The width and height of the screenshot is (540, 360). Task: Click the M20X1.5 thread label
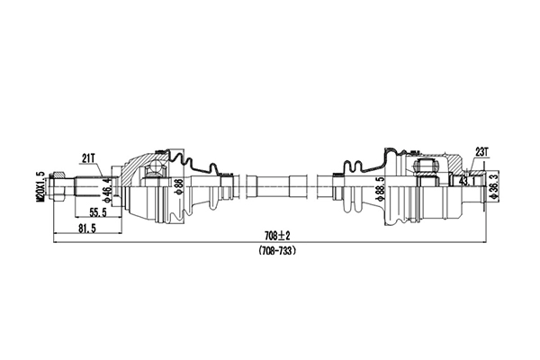tap(40, 189)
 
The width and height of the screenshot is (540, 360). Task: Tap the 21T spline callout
tap(88, 158)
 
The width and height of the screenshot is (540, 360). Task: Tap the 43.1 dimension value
tap(468, 181)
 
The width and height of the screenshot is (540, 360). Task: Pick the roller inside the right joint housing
tap(423, 167)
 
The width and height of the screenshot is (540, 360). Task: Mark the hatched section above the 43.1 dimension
tap(468, 168)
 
